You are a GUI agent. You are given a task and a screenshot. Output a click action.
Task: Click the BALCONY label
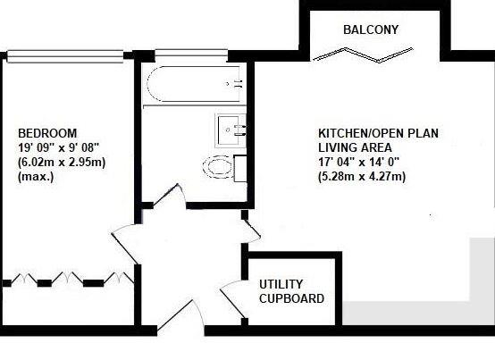370,29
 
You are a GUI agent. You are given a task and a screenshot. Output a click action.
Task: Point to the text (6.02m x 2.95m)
62,163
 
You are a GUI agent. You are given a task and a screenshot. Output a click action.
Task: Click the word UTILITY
281,285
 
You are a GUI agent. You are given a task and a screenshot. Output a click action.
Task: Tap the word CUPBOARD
291,299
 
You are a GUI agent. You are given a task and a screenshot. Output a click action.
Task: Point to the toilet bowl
219,166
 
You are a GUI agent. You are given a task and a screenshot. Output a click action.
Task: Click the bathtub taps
238,84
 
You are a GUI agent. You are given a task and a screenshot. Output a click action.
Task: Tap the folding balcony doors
370,56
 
